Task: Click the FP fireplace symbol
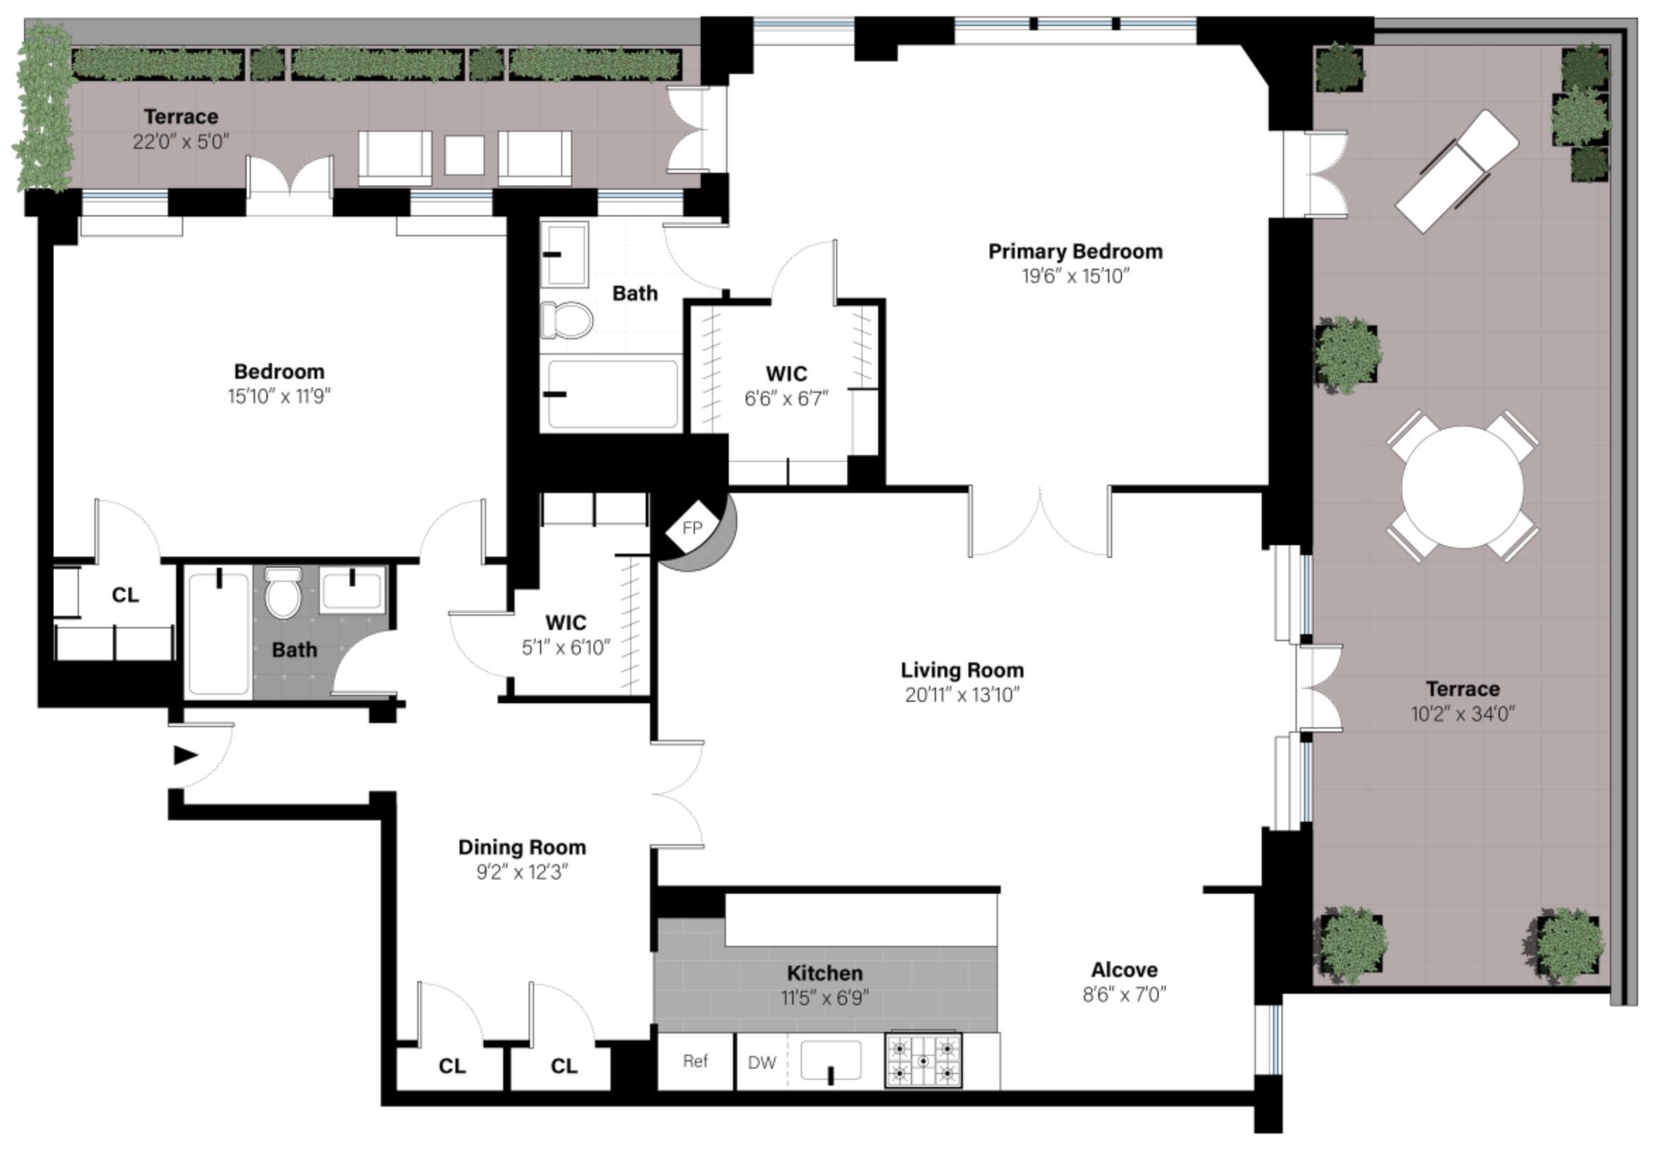point(692,528)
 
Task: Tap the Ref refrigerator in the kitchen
point(695,1061)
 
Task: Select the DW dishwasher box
point(761,1062)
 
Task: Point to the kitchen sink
point(831,1061)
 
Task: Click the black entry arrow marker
point(185,755)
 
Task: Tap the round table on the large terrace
point(1463,487)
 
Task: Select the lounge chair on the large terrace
point(1456,171)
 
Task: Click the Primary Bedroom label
point(1075,251)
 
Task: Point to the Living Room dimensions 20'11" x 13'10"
point(961,695)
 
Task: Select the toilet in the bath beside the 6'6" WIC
point(567,320)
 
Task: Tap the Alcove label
point(1124,969)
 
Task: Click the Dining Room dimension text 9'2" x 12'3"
point(521,872)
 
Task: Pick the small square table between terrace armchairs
point(464,155)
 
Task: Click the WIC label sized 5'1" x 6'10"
point(565,622)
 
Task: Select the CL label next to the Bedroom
point(125,595)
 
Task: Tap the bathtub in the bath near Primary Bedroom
point(613,396)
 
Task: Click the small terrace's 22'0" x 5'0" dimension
point(180,141)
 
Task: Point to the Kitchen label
point(825,973)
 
